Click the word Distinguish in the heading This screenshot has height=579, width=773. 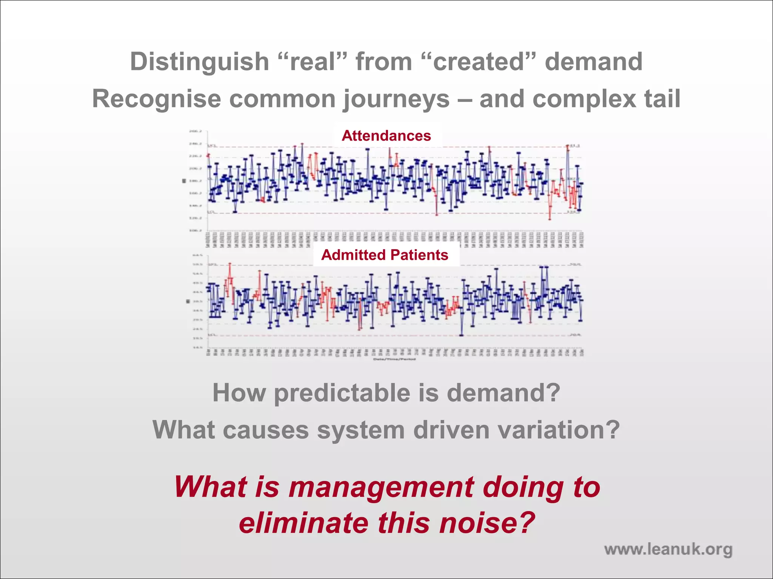tap(199, 61)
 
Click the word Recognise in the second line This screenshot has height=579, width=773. tap(156, 99)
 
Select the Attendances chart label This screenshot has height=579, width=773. tap(386, 136)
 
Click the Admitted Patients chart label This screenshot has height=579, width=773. tap(385, 255)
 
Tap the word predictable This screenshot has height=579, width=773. tap(342, 393)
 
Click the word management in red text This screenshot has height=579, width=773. tap(381, 488)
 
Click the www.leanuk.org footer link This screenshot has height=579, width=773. tap(668, 549)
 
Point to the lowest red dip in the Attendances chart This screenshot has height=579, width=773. tap(550, 219)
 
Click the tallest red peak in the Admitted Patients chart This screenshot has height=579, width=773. tap(229, 264)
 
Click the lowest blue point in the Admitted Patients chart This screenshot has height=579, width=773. tap(461, 335)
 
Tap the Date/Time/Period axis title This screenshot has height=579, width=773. tap(394, 359)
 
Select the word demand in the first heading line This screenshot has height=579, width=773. tap(593, 61)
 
